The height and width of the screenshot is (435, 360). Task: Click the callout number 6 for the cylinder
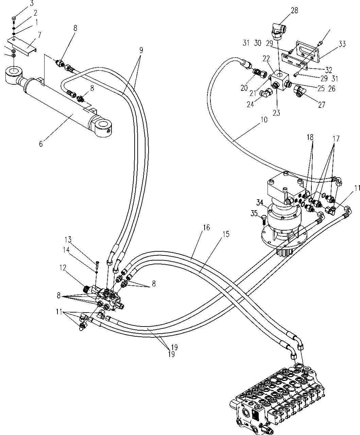point(41,144)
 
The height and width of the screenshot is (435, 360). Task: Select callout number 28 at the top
point(294,11)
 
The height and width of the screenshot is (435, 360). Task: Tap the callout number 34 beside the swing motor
point(260,202)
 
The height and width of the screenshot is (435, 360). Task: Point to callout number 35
point(254,213)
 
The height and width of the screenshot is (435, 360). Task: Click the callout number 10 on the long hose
point(264,120)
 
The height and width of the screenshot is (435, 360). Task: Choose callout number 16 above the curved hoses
point(206,227)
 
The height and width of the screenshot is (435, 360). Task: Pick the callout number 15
point(226,234)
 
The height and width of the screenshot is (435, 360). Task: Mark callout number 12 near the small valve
point(63,268)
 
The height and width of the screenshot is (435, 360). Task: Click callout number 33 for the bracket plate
point(342,44)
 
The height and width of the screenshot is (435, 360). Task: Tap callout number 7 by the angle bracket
point(39,35)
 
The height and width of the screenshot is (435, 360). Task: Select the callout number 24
point(250,104)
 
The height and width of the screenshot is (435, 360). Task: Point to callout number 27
point(322,104)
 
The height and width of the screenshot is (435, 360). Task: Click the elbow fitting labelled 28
point(279,31)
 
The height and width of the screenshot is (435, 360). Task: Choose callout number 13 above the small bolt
point(68,240)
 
